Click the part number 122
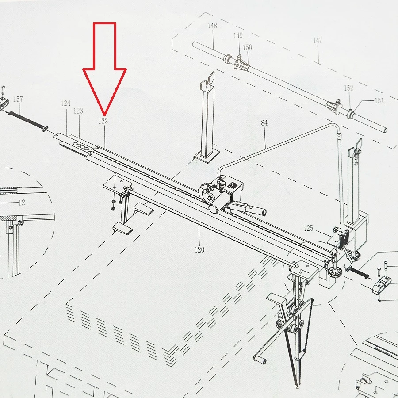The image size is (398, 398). tap(103, 121)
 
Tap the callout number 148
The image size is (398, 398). tap(212, 26)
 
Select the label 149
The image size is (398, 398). tap(238, 35)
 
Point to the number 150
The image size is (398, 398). tap(247, 47)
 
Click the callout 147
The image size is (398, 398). tap(317, 40)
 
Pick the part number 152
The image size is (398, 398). tap(348, 88)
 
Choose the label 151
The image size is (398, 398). tap(379, 101)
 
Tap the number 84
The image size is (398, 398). tap(264, 123)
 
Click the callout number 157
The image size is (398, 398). tap(18, 99)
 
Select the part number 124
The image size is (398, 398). tap(65, 103)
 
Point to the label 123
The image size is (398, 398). tap(78, 111)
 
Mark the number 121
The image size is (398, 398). tap(23, 203)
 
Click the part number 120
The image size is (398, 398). tap(199, 250)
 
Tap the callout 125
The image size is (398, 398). tap(308, 228)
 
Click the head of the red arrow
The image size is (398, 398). tap(104, 115)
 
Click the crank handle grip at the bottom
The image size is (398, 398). tap(260, 359)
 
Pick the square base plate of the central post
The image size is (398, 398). tap(206, 155)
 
